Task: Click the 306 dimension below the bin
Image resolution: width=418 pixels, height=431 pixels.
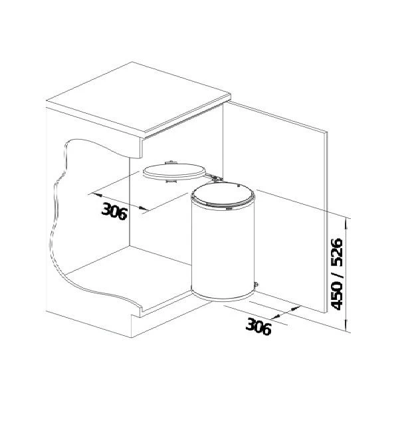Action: [x=259, y=326]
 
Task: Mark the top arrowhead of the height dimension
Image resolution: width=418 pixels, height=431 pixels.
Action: [x=347, y=219]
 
